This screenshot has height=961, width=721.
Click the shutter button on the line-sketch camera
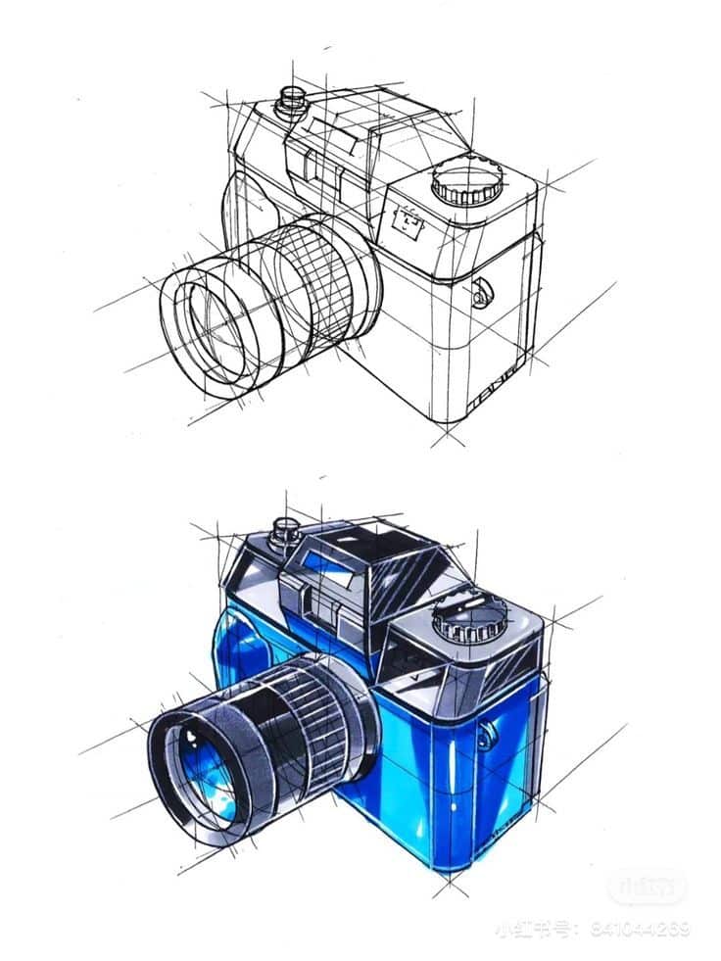coord(289,99)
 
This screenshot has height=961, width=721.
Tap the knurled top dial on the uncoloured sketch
coord(467,182)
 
